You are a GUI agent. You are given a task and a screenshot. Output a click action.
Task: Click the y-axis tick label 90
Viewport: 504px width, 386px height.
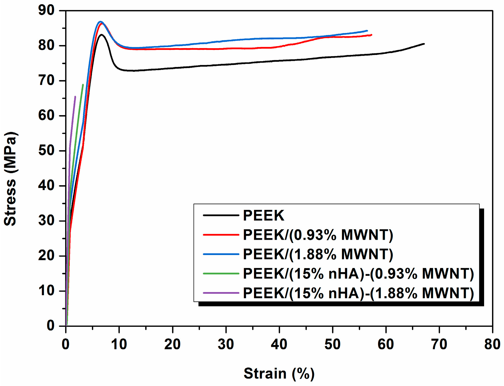[x=46, y=11]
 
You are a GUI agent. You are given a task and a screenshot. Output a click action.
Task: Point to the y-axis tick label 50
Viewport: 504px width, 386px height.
[x=46, y=151]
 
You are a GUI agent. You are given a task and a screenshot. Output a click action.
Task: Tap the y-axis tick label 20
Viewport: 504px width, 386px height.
[x=46, y=256]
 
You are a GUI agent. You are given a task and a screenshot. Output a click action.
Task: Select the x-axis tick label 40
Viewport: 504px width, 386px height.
[x=279, y=344]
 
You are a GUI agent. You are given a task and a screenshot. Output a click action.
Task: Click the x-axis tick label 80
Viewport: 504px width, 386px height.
[x=492, y=344]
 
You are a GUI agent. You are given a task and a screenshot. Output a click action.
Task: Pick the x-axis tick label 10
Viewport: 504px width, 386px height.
[x=119, y=344]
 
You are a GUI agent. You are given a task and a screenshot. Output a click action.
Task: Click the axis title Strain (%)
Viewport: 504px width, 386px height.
[x=279, y=373]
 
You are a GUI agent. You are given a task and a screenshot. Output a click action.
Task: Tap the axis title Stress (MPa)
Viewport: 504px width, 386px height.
[x=11, y=179]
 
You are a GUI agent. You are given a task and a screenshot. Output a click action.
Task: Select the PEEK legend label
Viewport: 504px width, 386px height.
[x=264, y=215]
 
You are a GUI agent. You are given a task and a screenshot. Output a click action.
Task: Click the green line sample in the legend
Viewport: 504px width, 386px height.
[x=221, y=274]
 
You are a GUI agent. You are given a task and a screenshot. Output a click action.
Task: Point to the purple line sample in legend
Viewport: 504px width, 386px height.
[x=221, y=293]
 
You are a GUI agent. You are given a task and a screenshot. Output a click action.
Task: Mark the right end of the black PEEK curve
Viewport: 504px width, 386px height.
[x=424, y=44]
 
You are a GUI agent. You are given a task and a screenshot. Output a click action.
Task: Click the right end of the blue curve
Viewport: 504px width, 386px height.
[x=367, y=30]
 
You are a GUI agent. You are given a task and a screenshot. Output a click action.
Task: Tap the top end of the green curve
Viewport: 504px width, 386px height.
[x=83, y=85]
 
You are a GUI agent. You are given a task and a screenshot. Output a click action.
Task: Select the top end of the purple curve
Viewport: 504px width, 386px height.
[x=75, y=97]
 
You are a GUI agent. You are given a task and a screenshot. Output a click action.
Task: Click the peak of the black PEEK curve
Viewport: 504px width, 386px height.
[x=101, y=35]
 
